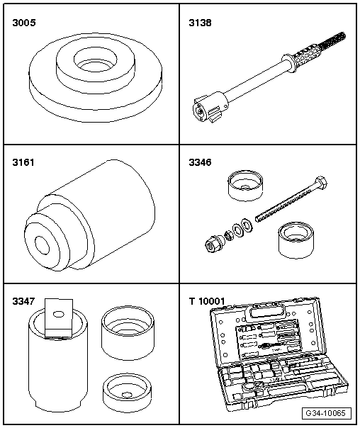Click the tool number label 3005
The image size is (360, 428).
(24, 23)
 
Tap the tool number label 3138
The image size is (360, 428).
(200, 23)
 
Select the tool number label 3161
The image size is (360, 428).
(23, 162)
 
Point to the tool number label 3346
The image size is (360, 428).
(200, 162)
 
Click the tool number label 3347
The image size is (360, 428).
(24, 301)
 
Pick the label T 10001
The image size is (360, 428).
(207, 301)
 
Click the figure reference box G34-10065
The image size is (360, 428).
(327, 413)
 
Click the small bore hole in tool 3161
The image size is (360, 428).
(42, 245)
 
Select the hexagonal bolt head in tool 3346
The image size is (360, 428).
(321, 183)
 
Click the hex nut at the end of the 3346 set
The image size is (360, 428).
(212, 244)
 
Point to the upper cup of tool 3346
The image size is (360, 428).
(246, 186)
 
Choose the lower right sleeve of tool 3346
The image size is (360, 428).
(296, 241)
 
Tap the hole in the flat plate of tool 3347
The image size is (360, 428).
(58, 315)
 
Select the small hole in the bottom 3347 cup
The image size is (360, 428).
(126, 395)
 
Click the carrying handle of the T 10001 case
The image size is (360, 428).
(265, 311)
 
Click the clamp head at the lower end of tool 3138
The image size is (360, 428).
(210, 107)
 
